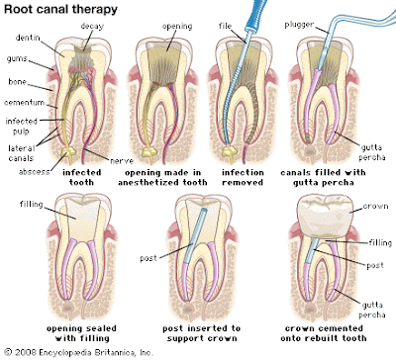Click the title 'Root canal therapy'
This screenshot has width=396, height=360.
[60, 9]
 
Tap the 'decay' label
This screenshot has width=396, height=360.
[92, 26]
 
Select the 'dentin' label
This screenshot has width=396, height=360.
[28, 38]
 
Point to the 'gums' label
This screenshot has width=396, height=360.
[17, 59]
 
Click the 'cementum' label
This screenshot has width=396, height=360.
[25, 103]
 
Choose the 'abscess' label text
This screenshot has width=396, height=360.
[35, 171]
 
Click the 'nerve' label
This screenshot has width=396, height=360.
[122, 161]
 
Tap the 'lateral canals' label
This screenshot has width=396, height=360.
[21, 153]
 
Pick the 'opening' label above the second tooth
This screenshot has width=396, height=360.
[177, 27]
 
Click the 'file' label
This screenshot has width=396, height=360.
[225, 26]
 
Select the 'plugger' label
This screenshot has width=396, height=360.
[299, 25]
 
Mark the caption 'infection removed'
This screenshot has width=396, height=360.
[243, 177]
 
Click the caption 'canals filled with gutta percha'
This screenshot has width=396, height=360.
[323, 177]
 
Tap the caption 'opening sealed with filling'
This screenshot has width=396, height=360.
[81, 333]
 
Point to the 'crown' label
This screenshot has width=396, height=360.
[375, 206]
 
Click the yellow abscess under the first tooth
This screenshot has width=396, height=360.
[68, 152]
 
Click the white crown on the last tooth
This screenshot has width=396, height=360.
[324, 217]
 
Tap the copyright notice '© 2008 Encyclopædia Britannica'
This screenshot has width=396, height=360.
[79, 352]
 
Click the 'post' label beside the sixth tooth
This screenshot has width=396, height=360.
[148, 258]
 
